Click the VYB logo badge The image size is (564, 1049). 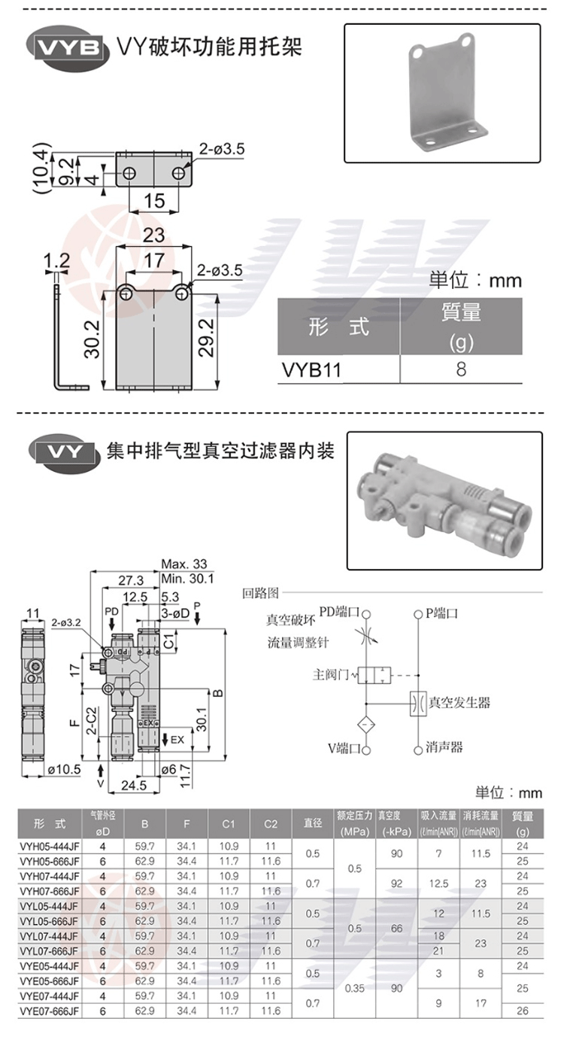pyautogui.click(x=67, y=47)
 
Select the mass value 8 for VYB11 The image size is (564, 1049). pyautogui.click(x=461, y=369)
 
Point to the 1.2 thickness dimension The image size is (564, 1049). pyautogui.click(x=56, y=261)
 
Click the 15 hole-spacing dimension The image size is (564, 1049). pyautogui.click(x=154, y=201)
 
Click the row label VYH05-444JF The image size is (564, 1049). pyautogui.click(x=49, y=846)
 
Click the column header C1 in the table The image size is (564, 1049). pyautogui.click(x=229, y=823)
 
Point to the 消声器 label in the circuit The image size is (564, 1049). pyautogui.click(x=444, y=747)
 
